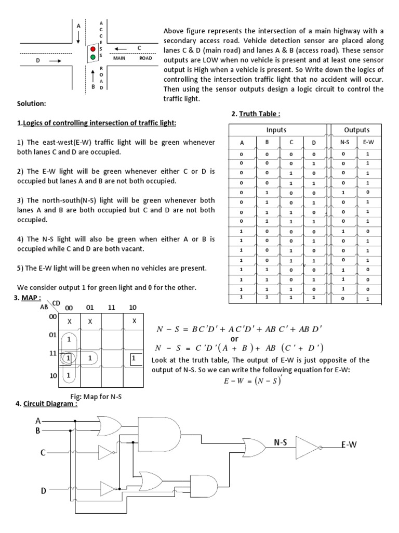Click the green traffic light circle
point(93,57)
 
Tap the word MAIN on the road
point(120,58)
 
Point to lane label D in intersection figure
point(38,61)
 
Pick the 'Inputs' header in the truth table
point(276,130)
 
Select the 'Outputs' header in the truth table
point(357,130)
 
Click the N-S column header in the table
point(344,142)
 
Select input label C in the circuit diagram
point(44,453)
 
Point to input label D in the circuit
point(44,490)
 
